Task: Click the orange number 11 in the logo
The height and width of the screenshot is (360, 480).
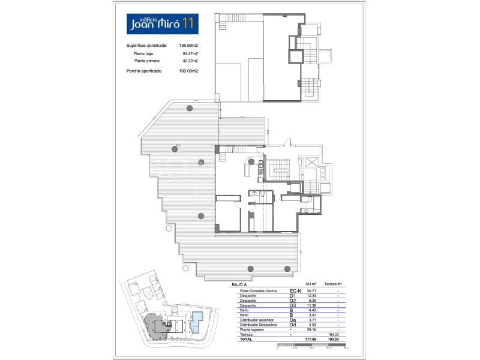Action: [x=188, y=23]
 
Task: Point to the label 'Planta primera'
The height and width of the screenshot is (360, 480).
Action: [x=149, y=61]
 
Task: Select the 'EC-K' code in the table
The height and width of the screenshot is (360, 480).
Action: [x=295, y=291]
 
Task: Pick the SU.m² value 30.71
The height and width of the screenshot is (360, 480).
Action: [x=311, y=291]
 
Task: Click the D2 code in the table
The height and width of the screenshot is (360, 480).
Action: [x=293, y=301]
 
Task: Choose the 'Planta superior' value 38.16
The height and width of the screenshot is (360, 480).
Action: [x=311, y=329]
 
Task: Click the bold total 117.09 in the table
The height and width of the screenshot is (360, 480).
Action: [x=310, y=339]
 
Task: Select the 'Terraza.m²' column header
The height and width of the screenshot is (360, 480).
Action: [x=332, y=283]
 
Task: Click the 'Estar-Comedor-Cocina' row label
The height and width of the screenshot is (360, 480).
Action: [x=256, y=291]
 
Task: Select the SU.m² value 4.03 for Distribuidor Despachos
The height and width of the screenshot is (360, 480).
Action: [x=311, y=325]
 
